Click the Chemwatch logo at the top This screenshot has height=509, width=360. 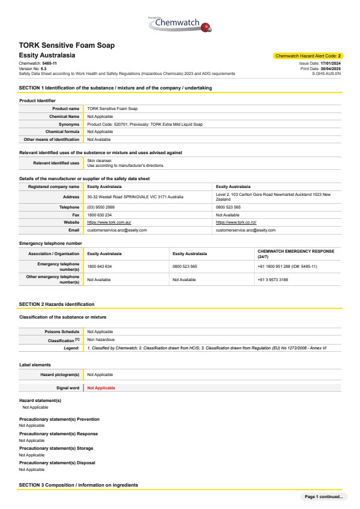(x=180, y=24)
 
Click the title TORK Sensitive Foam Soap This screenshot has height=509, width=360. (x=67, y=45)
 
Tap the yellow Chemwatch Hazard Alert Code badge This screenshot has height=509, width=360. (x=308, y=56)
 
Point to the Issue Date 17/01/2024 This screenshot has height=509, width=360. (x=320, y=63)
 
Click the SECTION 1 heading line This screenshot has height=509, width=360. (x=116, y=88)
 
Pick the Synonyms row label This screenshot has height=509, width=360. (x=65, y=124)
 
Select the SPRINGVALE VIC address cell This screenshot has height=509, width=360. (x=135, y=196)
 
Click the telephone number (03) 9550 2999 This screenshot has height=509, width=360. (x=101, y=207)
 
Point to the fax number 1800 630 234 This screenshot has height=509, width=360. (x=100, y=215)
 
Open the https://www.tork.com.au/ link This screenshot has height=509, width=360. (x=110, y=222)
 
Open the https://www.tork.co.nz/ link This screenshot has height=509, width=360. (x=236, y=222)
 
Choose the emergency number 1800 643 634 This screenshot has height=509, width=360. (x=100, y=267)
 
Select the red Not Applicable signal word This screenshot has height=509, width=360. (x=101, y=388)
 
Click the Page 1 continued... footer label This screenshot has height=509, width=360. (x=324, y=497)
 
